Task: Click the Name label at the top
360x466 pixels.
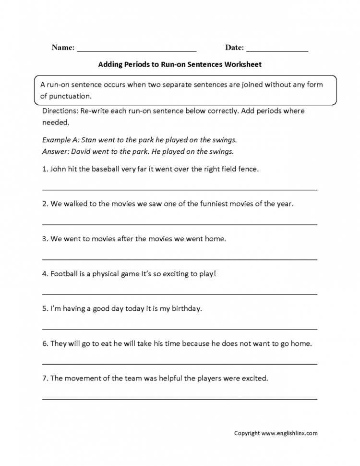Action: coord(62,48)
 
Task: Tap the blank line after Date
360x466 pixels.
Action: coord(277,49)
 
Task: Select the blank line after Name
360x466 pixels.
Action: coord(136,49)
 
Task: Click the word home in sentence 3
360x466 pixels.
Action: coord(215,238)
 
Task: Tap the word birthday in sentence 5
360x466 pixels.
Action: coord(184,308)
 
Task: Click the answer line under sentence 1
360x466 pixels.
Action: coord(180,189)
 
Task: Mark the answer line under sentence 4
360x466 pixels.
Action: coord(180,294)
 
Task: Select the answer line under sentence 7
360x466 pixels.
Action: coord(180,398)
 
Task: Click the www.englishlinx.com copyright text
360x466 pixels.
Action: coord(289,433)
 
